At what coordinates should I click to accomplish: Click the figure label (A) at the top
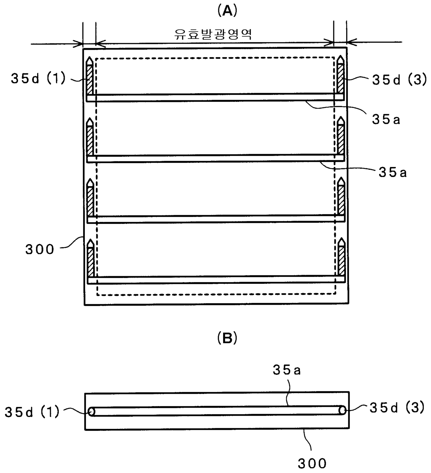227,11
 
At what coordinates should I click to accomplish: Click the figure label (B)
227,338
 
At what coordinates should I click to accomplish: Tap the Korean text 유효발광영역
213,34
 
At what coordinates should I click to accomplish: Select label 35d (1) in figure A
38,79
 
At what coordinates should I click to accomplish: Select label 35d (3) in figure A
399,80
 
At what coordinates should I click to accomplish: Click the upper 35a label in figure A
386,120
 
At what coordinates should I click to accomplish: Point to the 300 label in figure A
40,249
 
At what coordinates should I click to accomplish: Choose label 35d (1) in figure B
32,412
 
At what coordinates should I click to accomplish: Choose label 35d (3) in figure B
397,408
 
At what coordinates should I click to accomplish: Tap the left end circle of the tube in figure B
91,411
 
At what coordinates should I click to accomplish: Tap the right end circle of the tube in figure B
342,411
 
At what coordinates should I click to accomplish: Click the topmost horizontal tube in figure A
215,98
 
